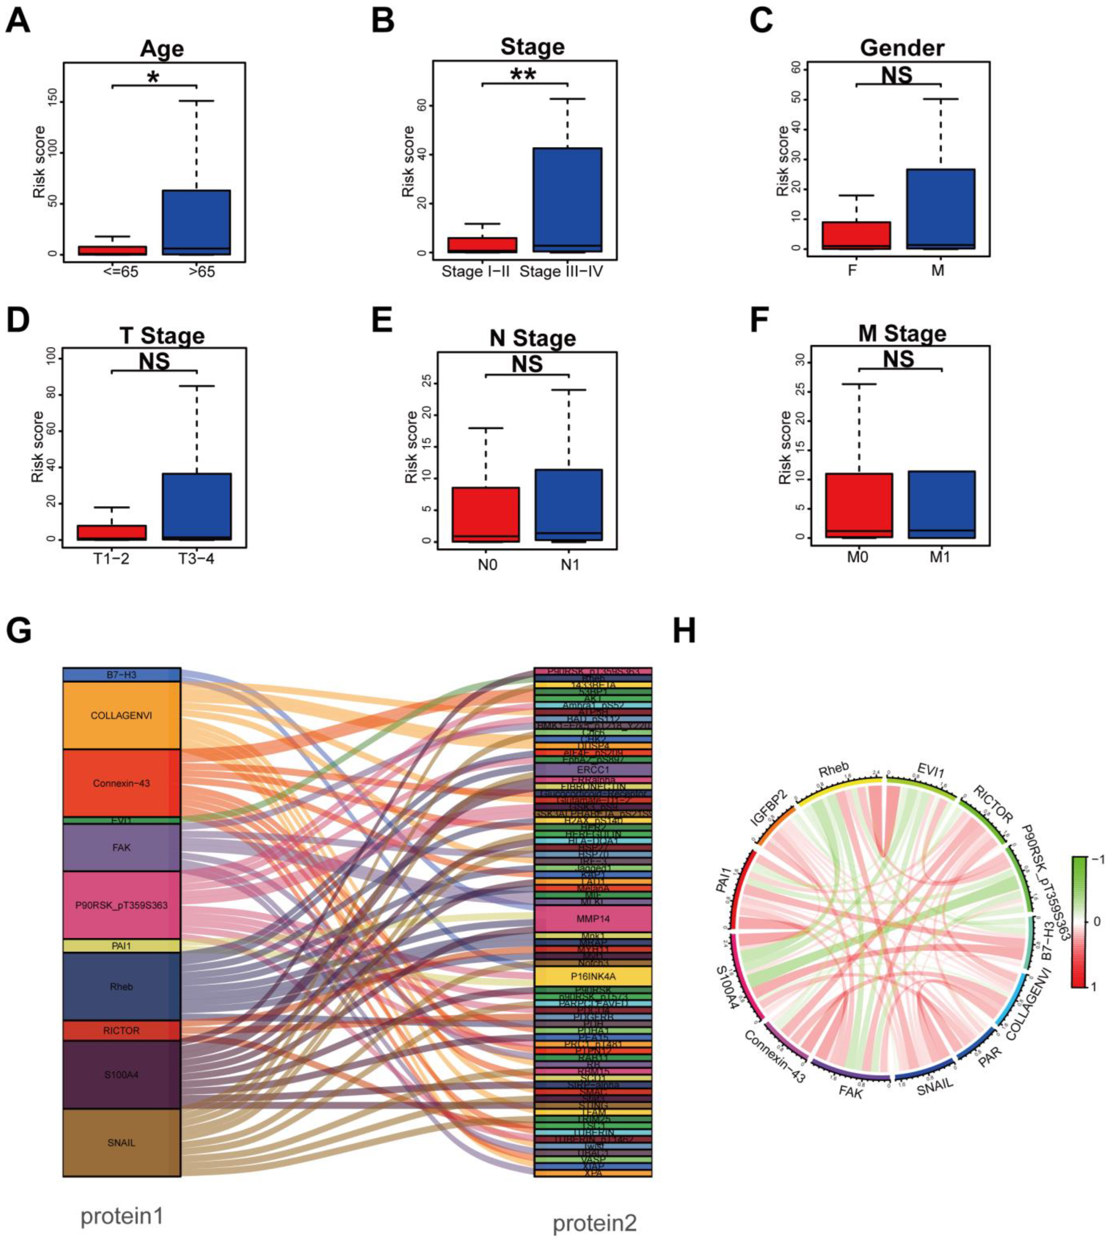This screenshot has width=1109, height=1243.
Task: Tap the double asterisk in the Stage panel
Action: pyautogui.click(x=524, y=74)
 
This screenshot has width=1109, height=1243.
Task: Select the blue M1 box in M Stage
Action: pyautogui.click(x=940, y=504)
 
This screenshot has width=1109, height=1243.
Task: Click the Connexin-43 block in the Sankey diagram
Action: pyautogui.click(x=121, y=783)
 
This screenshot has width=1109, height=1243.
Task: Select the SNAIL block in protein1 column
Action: pyautogui.click(x=121, y=1143)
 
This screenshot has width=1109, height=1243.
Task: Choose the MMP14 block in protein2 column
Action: pyautogui.click(x=593, y=918)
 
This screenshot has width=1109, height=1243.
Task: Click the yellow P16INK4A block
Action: pyautogui.click(x=593, y=976)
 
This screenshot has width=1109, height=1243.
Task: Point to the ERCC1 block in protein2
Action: pyautogui.click(x=593, y=769)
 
